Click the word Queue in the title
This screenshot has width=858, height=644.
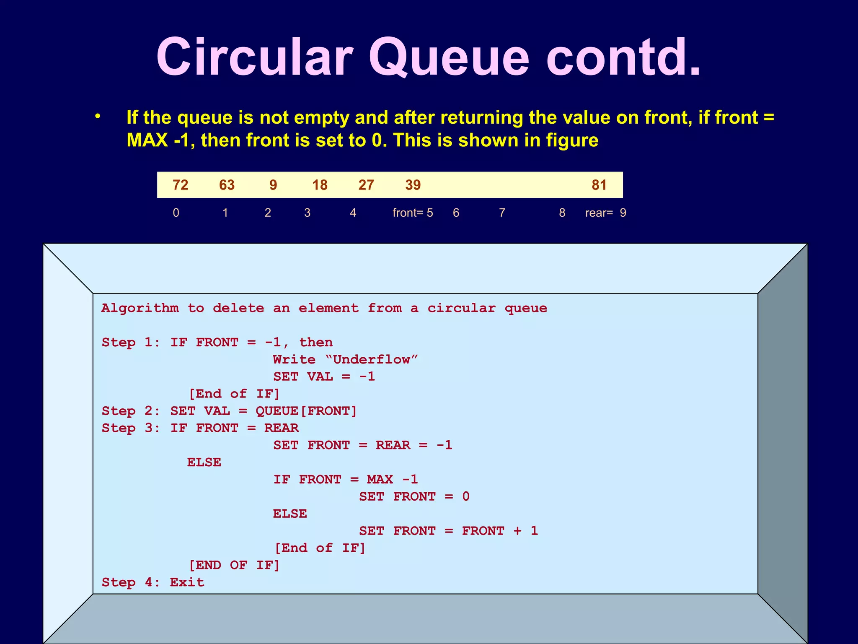(449, 58)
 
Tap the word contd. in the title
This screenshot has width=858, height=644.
(623, 57)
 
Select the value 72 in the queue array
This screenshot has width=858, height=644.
(180, 185)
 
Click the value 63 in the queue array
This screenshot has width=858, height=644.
(227, 185)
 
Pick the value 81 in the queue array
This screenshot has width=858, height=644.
(599, 185)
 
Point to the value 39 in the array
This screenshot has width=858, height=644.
(413, 185)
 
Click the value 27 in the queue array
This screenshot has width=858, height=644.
(366, 185)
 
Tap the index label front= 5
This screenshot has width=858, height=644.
(413, 213)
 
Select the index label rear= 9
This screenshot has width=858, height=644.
(605, 213)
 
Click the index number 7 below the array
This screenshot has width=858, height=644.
(502, 213)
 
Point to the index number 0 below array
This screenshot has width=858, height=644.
(176, 213)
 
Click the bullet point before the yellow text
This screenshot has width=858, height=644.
(98, 117)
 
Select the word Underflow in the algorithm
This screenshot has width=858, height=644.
(371, 359)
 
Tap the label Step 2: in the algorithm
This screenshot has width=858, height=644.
(131, 411)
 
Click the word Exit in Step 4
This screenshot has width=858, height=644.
(187, 582)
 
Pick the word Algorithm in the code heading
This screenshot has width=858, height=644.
(140, 308)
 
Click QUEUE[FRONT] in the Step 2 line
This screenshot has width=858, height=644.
(306, 411)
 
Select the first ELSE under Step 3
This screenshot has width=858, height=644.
(204, 462)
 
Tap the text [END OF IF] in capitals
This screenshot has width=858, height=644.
(234, 565)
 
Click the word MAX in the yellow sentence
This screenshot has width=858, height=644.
(147, 140)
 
